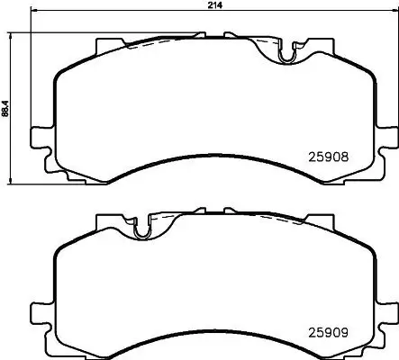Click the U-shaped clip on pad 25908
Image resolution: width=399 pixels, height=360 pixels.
[x=287, y=55]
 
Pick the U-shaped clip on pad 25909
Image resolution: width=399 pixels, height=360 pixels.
[x=140, y=230]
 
